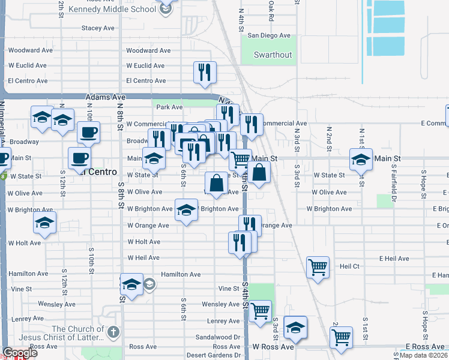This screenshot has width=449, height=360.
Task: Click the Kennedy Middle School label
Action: pos(112,10)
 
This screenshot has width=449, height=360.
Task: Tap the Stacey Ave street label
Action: pos(98,28)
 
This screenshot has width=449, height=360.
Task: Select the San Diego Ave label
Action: pos(269,36)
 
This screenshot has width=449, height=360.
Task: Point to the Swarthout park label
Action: pos(273,55)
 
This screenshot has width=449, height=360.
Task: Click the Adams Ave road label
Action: pos(106,97)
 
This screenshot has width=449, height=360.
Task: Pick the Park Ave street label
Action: pos(169,107)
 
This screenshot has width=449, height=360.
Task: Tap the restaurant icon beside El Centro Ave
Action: pos(205,72)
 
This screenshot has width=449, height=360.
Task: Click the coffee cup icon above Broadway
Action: pos(88,132)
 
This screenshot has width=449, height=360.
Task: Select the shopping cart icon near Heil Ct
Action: pos(318,266)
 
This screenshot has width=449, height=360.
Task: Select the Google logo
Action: pos(19,353)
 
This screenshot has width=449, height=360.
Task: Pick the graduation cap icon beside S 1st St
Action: pos(361,160)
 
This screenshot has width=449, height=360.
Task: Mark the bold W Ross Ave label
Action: pos(273,347)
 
